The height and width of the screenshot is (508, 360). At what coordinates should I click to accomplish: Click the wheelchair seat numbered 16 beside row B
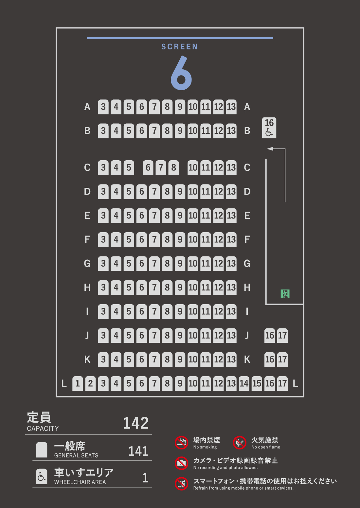click(269, 128)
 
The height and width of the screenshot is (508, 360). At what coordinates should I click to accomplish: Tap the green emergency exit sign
click(285, 294)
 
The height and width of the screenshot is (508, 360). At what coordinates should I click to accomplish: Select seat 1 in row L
click(78, 383)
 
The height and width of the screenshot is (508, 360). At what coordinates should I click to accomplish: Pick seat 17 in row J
click(282, 335)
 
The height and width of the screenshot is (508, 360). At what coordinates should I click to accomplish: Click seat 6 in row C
click(148, 167)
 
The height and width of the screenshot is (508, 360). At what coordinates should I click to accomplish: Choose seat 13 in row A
click(231, 107)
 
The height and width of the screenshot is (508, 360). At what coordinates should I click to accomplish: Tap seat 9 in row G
click(180, 264)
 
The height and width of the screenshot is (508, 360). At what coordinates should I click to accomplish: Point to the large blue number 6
click(181, 73)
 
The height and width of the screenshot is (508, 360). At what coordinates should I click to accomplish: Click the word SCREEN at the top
click(179, 47)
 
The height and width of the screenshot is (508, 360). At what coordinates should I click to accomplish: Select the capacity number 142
click(135, 423)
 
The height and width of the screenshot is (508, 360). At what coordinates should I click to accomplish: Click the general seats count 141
click(138, 451)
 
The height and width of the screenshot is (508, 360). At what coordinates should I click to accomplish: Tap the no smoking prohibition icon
click(182, 443)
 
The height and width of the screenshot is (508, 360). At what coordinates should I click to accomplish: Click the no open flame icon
click(240, 443)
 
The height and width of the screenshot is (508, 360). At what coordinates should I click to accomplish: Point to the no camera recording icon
click(182, 463)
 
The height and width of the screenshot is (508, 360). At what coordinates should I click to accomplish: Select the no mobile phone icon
click(182, 484)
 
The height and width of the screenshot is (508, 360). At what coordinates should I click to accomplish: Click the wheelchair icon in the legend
click(42, 476)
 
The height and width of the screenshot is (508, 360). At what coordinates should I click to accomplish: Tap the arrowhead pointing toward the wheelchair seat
click(270, 149)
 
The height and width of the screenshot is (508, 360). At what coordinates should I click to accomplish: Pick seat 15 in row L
click(257, 383)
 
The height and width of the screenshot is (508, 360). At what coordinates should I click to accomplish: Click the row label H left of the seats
click(87, 288)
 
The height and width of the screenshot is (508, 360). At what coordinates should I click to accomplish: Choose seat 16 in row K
click(270, 359)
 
